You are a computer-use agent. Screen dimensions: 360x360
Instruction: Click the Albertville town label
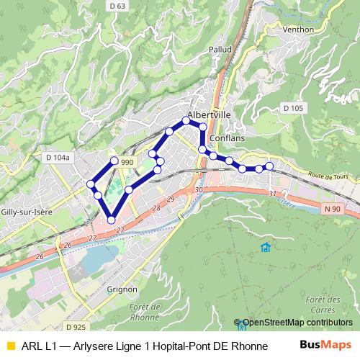pos(209,114)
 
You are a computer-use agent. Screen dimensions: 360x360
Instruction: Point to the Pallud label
pos(220,50)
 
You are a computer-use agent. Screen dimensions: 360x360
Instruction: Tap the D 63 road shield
pos(117,6)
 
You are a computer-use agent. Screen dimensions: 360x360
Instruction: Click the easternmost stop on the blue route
pos(269,166)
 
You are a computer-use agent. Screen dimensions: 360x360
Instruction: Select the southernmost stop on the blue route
pos(112,220)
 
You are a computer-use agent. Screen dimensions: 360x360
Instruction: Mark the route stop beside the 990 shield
pos(114,161)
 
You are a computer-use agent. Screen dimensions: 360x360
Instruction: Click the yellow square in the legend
pos(10,346)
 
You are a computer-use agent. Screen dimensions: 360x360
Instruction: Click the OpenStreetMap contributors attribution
pos(297,323)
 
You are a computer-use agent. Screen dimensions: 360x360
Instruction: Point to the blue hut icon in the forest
pos(265,248)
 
